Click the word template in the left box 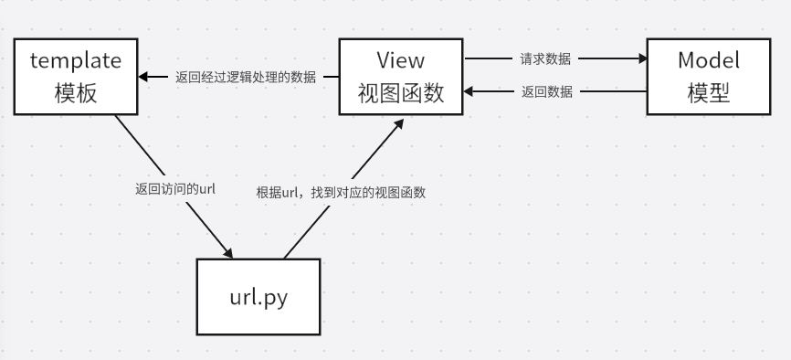76,62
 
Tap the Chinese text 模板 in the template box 76,92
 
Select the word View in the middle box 400,61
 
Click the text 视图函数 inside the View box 400,92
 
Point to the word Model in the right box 708,61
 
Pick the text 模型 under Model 708,92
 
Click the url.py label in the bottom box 258,298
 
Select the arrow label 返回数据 547,91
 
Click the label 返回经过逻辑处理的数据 246,77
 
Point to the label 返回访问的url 174,189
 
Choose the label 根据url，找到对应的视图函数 342,193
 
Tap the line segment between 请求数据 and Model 610,59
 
